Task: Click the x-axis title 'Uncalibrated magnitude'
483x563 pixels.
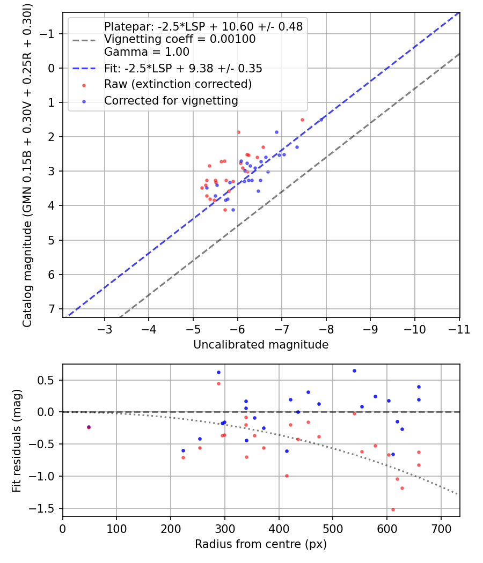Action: [261, 345]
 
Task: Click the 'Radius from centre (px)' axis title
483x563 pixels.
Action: [261, 544]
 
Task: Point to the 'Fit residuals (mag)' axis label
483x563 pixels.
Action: [17, 440]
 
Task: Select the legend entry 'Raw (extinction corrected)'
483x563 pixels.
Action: [178, 84]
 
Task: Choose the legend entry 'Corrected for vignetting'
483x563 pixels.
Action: [171, 101]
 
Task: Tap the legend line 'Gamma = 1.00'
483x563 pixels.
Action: [147, 52]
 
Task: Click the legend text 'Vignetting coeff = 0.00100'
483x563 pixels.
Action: [180, 39]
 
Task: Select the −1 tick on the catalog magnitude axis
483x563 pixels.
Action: [48, 34]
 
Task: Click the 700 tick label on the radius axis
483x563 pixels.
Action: [441, 528]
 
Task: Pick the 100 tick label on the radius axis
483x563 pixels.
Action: [116, 528]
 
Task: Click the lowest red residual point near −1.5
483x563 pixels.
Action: [393, 509]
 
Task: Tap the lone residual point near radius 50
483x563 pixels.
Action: [89, 427]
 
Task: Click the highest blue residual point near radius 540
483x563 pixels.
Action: [354, 371]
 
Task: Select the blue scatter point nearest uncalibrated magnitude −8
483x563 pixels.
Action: [321, 120]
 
